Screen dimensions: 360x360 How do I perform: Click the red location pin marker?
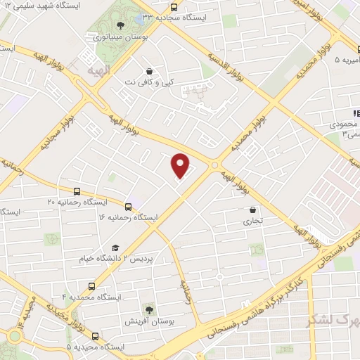click(181, 165)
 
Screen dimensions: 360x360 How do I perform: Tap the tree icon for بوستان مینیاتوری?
click(120, 25)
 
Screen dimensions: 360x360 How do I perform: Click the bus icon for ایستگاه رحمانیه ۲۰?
click(77, 191)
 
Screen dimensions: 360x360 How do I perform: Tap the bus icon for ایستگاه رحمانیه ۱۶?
click(128, 207)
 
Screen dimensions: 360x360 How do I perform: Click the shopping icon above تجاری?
click(253, 209)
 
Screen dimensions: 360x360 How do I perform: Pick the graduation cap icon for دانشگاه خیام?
click(115, 247)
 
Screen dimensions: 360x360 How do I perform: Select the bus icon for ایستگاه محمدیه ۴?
click(92, 285)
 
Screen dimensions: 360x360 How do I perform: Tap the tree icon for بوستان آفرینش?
click(149, 309)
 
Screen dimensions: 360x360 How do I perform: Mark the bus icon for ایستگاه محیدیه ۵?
click(95, 336)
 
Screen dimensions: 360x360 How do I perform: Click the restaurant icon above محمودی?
click(356, 112)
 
